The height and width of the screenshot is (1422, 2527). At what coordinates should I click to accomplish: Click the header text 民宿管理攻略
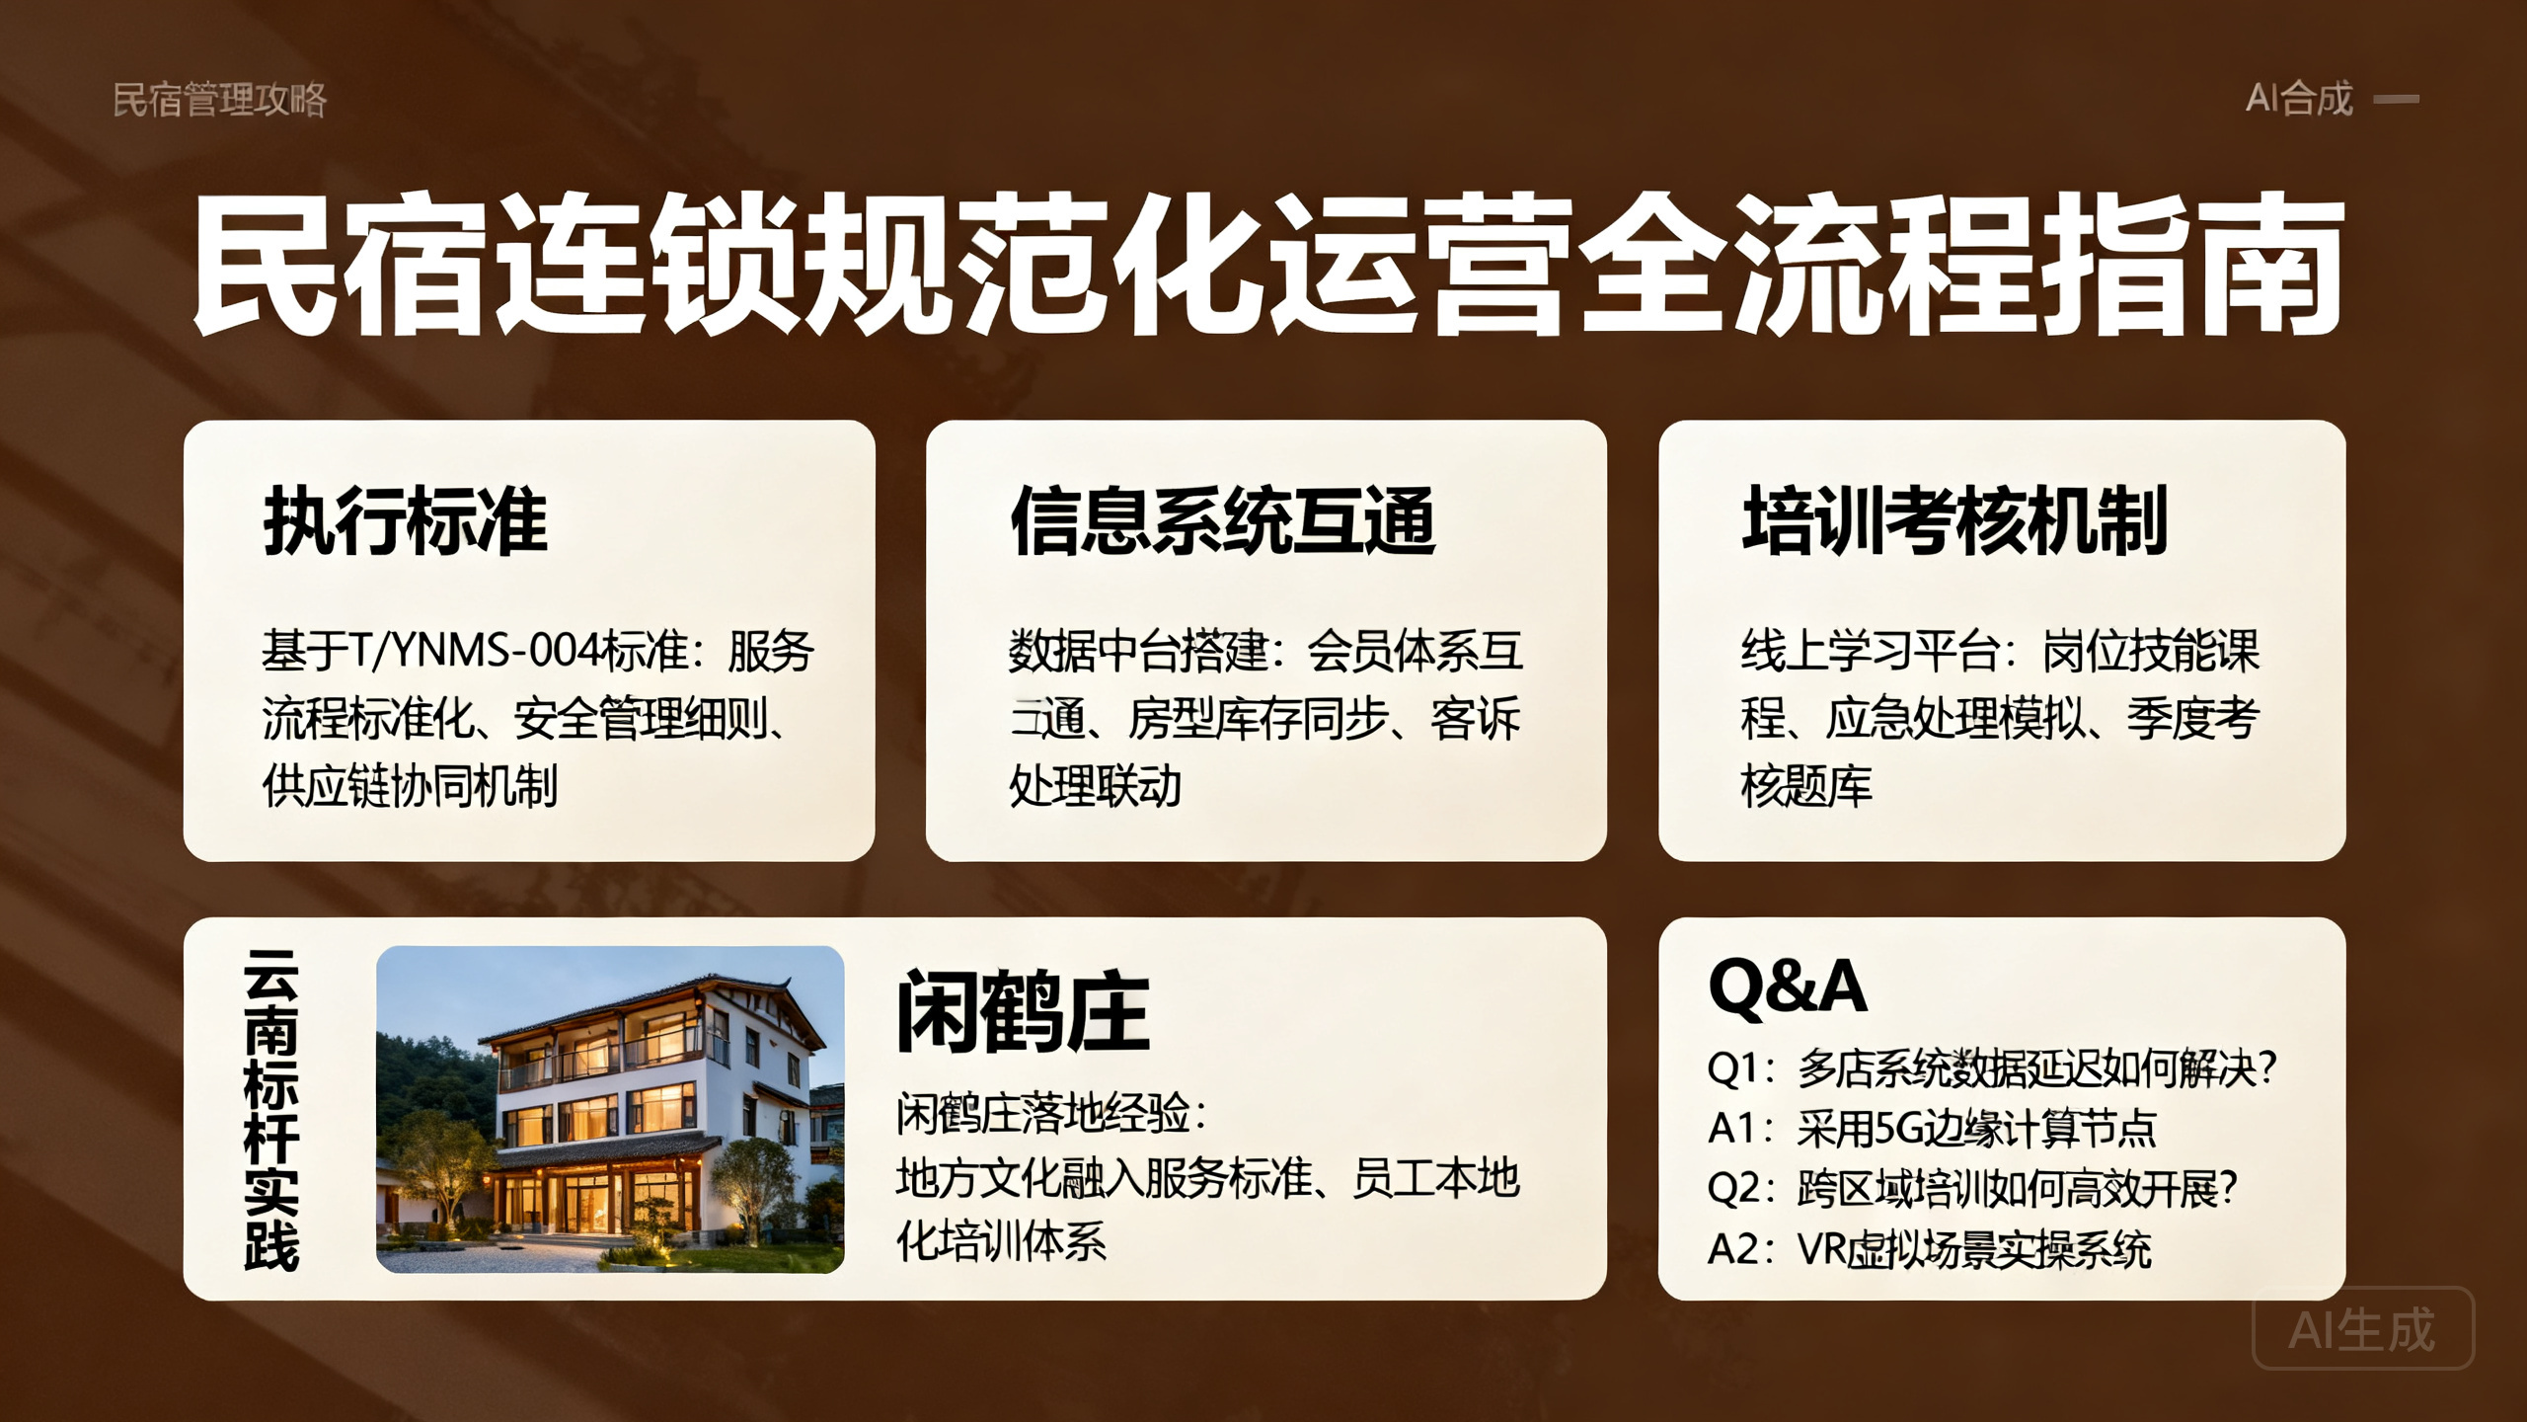point(219,100)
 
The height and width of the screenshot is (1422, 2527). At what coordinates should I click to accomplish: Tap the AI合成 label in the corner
point(2299,99)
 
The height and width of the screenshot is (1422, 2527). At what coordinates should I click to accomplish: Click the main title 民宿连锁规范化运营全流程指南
point(1267,265)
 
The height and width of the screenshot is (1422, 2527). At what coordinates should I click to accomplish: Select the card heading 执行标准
point(405,520)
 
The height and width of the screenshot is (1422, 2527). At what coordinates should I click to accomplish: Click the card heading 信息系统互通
point(1222,520)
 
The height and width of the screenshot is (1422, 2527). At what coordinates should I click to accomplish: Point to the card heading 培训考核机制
point(1954,520)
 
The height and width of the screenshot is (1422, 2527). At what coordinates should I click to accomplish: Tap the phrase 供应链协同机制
point(410,786)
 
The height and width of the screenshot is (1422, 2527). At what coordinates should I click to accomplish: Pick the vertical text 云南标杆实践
point(271,1110)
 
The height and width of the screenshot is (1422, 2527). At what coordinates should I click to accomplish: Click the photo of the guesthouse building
point(610,1109)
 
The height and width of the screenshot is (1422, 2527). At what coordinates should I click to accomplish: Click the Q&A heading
point(1788,986)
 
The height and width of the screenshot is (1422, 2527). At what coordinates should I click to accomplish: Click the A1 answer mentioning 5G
point(1932,1128)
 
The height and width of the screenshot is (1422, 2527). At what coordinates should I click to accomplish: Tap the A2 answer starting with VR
point(1930,1249)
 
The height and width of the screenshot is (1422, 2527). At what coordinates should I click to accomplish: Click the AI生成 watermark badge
point(2363,1329)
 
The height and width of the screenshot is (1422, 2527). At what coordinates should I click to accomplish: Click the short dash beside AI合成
point(2397,99)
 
